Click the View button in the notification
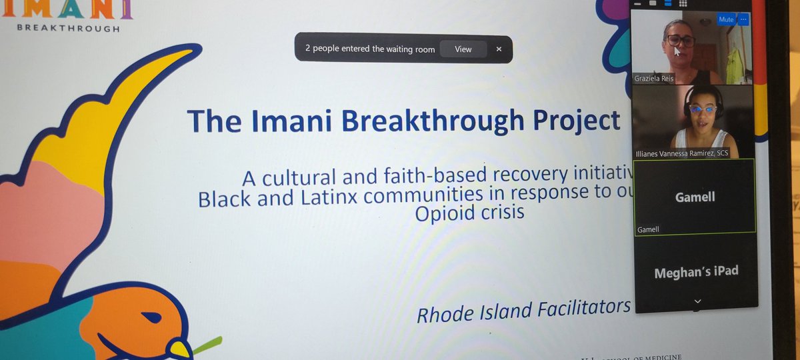(x=463, y=49)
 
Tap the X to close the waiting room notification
(x=499, y=49)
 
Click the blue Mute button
(x=726, y=20)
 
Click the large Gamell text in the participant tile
(x=694, y=197)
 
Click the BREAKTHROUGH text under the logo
(x=68, y=29)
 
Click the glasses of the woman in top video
(x=681, y=41)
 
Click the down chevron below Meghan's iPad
(x=697, y=301)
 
